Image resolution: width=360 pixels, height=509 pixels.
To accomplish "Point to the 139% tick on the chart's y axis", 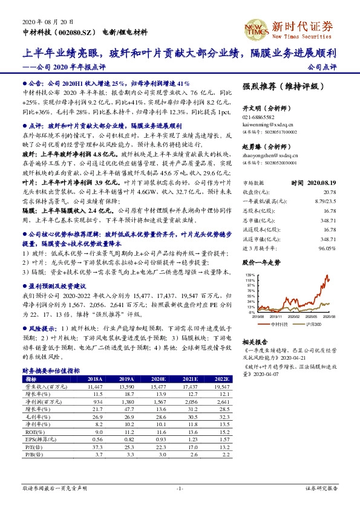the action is coord(248,275).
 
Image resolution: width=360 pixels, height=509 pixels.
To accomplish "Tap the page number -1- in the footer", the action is coord(180,488).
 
